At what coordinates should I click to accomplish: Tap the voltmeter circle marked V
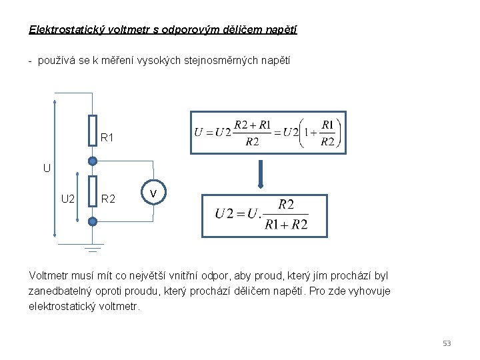pyautogui.click(x=153, y=193)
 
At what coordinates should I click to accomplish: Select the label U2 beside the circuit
pyautogui.click(x=68, y=198)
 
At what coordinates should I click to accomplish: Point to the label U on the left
pyautogui.click(x=47, y=168)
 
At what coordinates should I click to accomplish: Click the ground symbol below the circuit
pyautogui.click(x=93, y=248)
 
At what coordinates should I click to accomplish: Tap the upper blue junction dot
pyautogui.click(x=93, y=161)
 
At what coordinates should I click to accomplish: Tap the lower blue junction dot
pyautogui.click(x=93, y=221)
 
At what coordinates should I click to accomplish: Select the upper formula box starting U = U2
pyautogui.click(x=268, y=132)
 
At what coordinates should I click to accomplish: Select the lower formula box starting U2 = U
pyautogui.click(x=265, y=215)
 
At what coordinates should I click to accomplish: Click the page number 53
pyautogui.click(x=447, y=343)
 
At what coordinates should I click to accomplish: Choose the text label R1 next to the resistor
pyautogui.click(x=107, y=138)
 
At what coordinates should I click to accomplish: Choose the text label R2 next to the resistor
pyautogui.click(x=109, y=198)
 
